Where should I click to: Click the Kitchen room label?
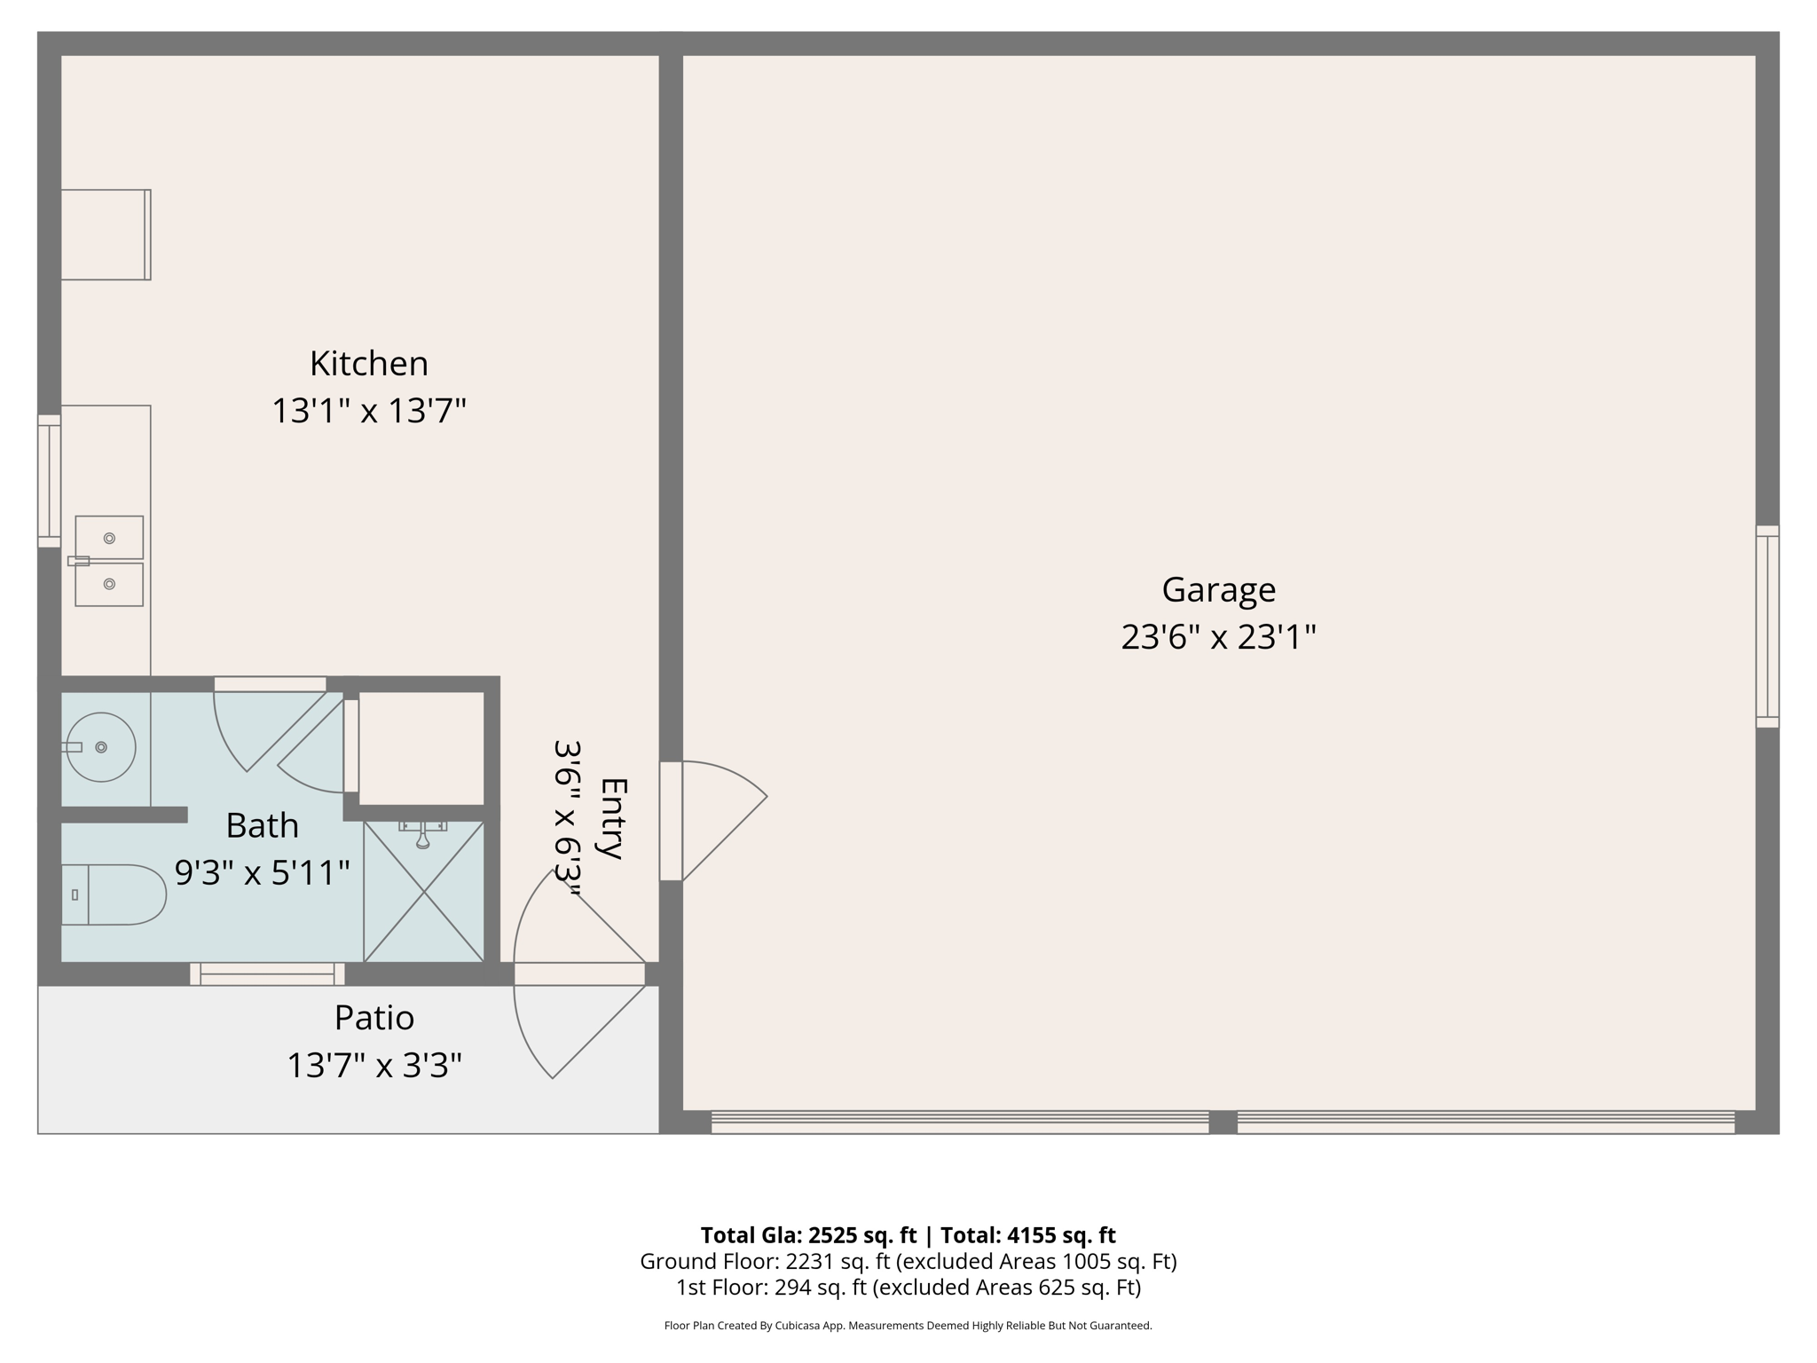click(368, 364)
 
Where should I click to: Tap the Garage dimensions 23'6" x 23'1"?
click(1218, 637)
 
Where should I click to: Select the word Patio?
click(374, 1018)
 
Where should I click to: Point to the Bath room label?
click(262, 825)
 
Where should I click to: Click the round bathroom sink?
click(101, 747)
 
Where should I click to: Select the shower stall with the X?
click(424, 891)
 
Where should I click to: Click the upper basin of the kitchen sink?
click(109, 538)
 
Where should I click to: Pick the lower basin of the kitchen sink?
click(109, 584)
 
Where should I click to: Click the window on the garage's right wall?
click(1767, 626)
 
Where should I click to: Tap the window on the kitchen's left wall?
click(49, 480)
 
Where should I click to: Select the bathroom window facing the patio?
click(267, 974)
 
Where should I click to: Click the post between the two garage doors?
click(1223, 1123)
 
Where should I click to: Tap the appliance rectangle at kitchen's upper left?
click(106, 235)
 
